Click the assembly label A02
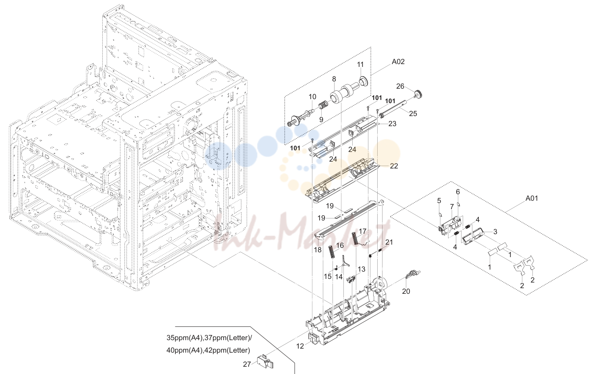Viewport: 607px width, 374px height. pos(398,62)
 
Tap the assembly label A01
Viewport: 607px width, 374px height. pos(532,198)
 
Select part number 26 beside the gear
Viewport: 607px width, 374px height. pos(400,87)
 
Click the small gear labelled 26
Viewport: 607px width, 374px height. pos(419,95)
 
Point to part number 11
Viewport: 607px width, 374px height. pos(360,64)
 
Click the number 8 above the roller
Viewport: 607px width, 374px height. pos(334,79)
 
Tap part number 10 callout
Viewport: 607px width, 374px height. pos(312,97)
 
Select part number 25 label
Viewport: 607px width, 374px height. pos(413,114)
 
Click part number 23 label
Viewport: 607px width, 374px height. pos(393,124)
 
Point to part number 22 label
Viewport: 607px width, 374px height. pos(394,166)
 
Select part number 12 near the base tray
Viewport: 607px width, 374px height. pos(300,346)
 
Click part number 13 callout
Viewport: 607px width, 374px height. pos(362,269)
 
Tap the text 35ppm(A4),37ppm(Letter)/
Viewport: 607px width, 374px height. pos(209,338)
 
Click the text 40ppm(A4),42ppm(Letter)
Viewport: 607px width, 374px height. pos(208,350)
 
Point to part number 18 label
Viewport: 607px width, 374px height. pos(318,249)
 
